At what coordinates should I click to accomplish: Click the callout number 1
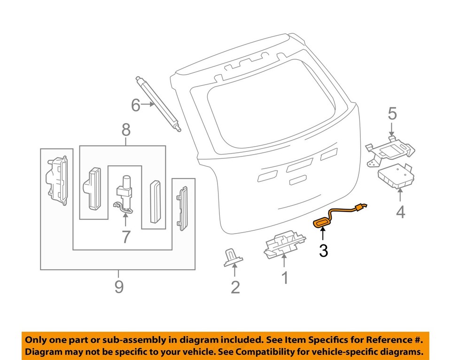point(285,278)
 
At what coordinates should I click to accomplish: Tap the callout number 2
point(235,287)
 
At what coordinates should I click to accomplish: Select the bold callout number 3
point(323,251)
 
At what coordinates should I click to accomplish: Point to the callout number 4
point(400,212)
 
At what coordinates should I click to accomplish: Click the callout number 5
point(392,113)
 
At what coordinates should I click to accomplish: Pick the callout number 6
point(135,106)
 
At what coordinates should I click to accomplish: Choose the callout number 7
point(125,236)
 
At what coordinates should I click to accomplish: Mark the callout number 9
point(118,286)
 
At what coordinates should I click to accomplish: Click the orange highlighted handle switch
point(322,222)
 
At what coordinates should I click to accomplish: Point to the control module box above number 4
point(396,176)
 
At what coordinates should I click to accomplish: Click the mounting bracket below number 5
point(390,150)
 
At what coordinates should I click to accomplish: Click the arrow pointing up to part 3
point(323,234)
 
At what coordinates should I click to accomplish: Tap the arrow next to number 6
point(148,105)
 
